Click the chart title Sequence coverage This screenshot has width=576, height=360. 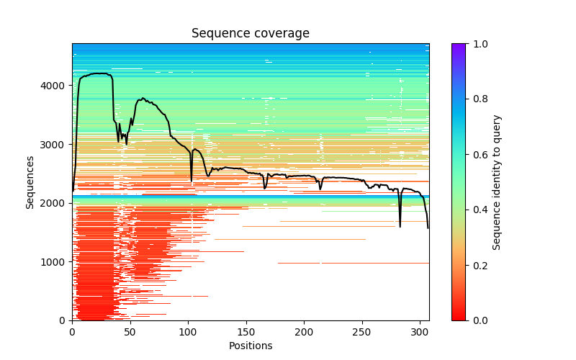tap(250, 34)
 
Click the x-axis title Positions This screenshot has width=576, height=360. tap(250, 346)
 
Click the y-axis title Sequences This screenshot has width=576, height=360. tap(30, 181)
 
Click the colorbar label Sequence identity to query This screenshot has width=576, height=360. tap(497, 181)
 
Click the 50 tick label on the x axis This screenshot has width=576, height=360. tap(130, 333)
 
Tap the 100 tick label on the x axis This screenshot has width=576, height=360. tap(188, 333)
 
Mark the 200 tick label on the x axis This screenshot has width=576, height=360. tap(304, 333)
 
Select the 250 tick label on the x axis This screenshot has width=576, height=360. tap(362, 333)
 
